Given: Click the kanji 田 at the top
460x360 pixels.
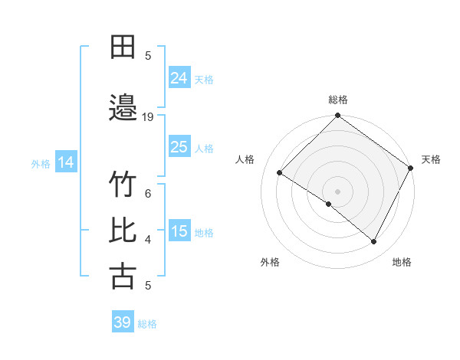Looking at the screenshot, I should pyautogui.click(x=123, y=47).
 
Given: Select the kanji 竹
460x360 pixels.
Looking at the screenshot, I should pyautogui.click(x=123, y=186).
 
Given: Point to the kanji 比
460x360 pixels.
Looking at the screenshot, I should pyautogui.click(x=123, y=231).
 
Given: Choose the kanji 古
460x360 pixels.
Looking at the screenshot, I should pyautogui.click(x=123, y=276).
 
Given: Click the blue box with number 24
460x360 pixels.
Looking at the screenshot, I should pyautogui.click(x=179, y=78).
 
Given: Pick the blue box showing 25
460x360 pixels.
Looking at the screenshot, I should pyautogui.click(x=179, y=147).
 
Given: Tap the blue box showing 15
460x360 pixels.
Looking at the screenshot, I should pyautogui.click(x=179, y=231).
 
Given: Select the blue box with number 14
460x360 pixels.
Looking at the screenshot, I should pyautogui.click(x=66, y=162).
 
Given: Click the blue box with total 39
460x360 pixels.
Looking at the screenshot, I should pyautogui.click(x=123, y=322).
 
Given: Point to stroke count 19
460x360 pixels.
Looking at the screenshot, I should pyautogui.click(x=148, y=117).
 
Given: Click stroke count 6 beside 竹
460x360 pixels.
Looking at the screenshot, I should pyautogui.click(x=148, y=194).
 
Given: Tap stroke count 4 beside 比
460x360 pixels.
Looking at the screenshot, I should pyautogui.click(x=148, y=240).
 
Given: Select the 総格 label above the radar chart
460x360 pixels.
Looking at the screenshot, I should pyautogui.click(x=337, y=100).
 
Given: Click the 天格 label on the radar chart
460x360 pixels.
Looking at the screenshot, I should pyautogui.click(x=431, y=159).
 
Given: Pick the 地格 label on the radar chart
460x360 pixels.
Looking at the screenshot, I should pyautogui.click(x=402, y=262).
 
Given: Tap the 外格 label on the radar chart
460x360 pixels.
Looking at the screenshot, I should pyautogui.click(x=270, y=262).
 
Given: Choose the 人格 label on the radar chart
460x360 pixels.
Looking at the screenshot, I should pyautogui.click(x=245, y=159).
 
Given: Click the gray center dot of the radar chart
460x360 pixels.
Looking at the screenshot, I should pyautogui.click(x=337, y=191).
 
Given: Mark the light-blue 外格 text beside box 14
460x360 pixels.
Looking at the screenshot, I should pyautogui.click(x=41, y=163).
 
